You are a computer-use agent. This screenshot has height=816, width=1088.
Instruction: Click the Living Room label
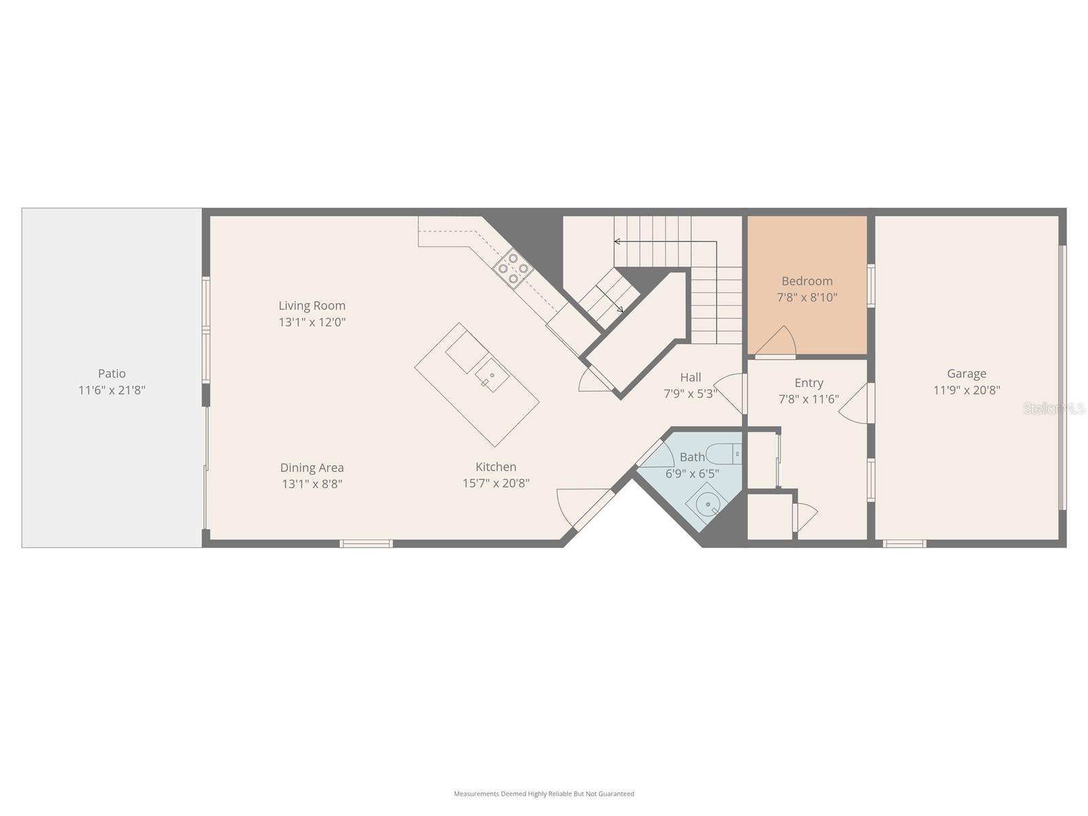coord(312,305)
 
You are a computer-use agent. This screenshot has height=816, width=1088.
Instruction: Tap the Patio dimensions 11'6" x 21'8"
coord(112,390)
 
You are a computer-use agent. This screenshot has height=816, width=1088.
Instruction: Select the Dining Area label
coord(312,467)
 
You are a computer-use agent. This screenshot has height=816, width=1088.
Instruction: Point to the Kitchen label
coord(496,466)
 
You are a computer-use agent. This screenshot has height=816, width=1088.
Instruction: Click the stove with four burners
coord(513,268)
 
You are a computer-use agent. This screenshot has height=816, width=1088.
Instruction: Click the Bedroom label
coord(807,281)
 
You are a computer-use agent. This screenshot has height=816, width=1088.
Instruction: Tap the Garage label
coord(966,373)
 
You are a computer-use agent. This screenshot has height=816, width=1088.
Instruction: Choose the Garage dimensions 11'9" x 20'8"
coord(966,390)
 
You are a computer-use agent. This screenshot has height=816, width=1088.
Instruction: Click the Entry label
coord(809,383)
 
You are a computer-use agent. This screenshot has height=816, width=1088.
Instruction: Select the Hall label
coord(690,377)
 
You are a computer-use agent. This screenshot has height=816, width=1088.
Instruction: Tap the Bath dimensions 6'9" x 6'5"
coord(692,474)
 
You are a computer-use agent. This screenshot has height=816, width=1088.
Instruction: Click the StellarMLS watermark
coord(1054,408)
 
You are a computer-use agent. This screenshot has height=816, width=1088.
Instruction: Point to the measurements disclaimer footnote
coord(544,794)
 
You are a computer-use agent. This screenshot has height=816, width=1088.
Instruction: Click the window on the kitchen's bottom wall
coord(367,543)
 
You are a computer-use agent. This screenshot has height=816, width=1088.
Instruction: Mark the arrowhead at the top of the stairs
coord(617,241)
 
